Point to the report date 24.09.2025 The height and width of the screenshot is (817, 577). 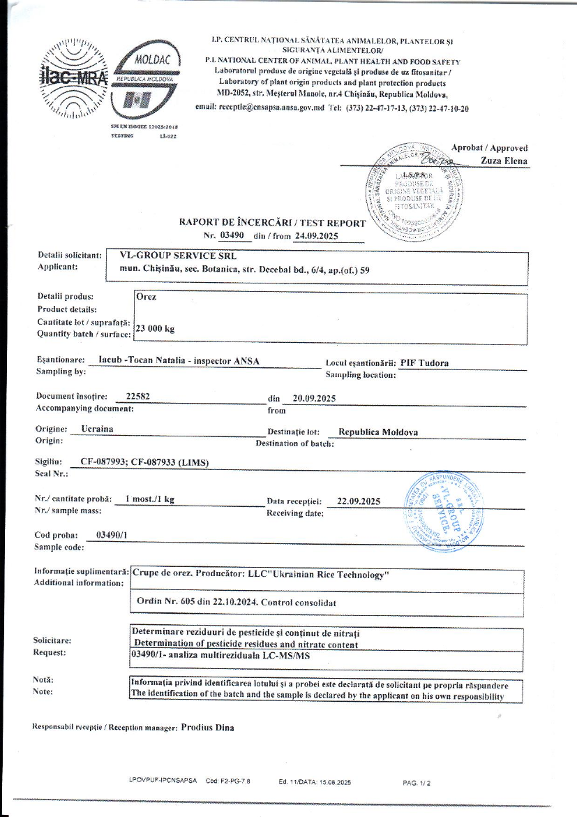[x=316, y=236]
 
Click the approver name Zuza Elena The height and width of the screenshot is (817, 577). [x=504, y=161]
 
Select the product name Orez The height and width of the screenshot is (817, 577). [x=147, y=297]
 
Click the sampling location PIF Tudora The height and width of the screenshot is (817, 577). [x=424, y=362]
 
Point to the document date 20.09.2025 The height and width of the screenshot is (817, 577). [x=315, y=398]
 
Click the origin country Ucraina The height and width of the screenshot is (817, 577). [x=97, y=429]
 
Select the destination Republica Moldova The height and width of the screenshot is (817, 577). [x=373, y=432]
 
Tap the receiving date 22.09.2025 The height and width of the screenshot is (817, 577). [x=358, y=501]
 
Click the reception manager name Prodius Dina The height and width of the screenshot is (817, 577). [x=207, y=727]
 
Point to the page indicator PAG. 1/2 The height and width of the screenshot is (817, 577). [x=417, y=783]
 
